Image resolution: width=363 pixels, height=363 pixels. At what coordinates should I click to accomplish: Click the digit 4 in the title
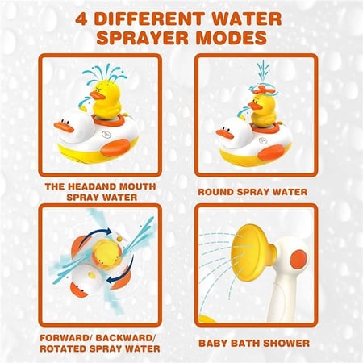tap(81, 19)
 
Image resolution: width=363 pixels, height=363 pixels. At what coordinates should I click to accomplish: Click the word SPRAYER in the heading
tap(143, 38)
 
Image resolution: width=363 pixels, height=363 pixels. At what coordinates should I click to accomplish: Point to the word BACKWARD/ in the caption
tap(125, 338)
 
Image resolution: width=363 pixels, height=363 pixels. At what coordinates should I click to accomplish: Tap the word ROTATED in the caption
tap(63, 348)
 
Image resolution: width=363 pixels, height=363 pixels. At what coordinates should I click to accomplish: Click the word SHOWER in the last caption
tap(286, 344)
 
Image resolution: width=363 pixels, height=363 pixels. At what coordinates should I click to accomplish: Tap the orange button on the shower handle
tap(298, 258)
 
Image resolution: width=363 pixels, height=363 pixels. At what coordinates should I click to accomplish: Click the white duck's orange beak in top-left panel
tap(64, 127)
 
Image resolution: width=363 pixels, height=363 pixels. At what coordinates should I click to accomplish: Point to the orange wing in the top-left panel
tap(116, 148)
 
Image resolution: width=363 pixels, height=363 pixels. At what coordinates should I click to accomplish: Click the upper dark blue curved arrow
tap(95, 232)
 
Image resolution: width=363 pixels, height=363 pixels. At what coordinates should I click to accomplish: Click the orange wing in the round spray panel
tap(272, 152)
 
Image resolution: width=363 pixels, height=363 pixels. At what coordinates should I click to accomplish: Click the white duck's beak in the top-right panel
tap(225, 134)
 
